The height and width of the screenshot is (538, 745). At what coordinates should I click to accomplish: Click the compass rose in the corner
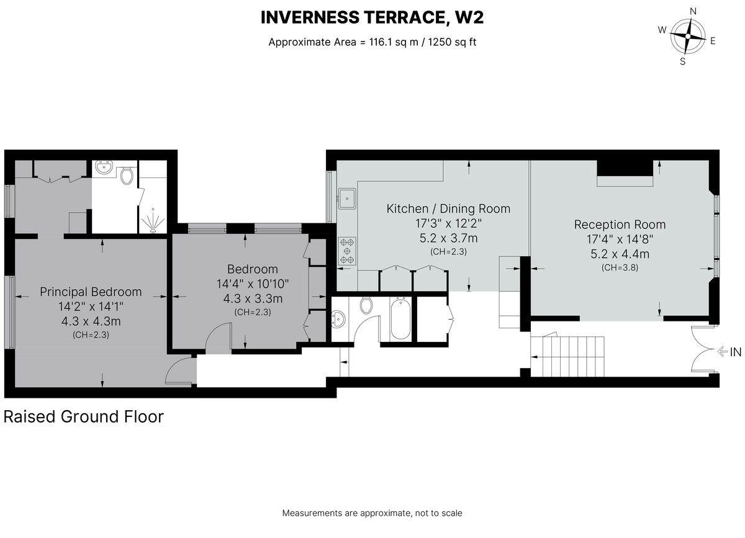687,35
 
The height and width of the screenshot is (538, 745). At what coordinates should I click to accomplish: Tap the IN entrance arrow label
729,352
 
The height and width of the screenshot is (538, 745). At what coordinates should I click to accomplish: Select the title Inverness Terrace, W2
372,17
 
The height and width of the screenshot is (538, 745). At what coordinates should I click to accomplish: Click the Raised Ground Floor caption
84,416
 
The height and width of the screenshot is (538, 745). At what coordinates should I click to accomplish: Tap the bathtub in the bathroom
400,319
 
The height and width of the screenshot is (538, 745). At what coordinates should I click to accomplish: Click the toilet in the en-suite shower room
127,175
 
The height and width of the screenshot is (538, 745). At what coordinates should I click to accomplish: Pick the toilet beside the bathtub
366,305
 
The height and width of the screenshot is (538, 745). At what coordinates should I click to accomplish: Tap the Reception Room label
620,225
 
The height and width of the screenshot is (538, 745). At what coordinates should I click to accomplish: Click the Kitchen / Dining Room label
448,208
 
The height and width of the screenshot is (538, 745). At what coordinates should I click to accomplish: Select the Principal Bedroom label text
91,292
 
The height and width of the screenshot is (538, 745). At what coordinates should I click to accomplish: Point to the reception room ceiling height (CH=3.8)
620,267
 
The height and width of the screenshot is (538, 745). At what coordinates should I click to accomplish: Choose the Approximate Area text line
372,42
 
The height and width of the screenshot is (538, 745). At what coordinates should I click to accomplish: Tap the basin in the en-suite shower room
104,168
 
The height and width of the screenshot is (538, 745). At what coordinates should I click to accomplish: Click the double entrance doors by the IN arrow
705,351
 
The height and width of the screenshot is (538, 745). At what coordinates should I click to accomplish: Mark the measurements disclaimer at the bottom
372,513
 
